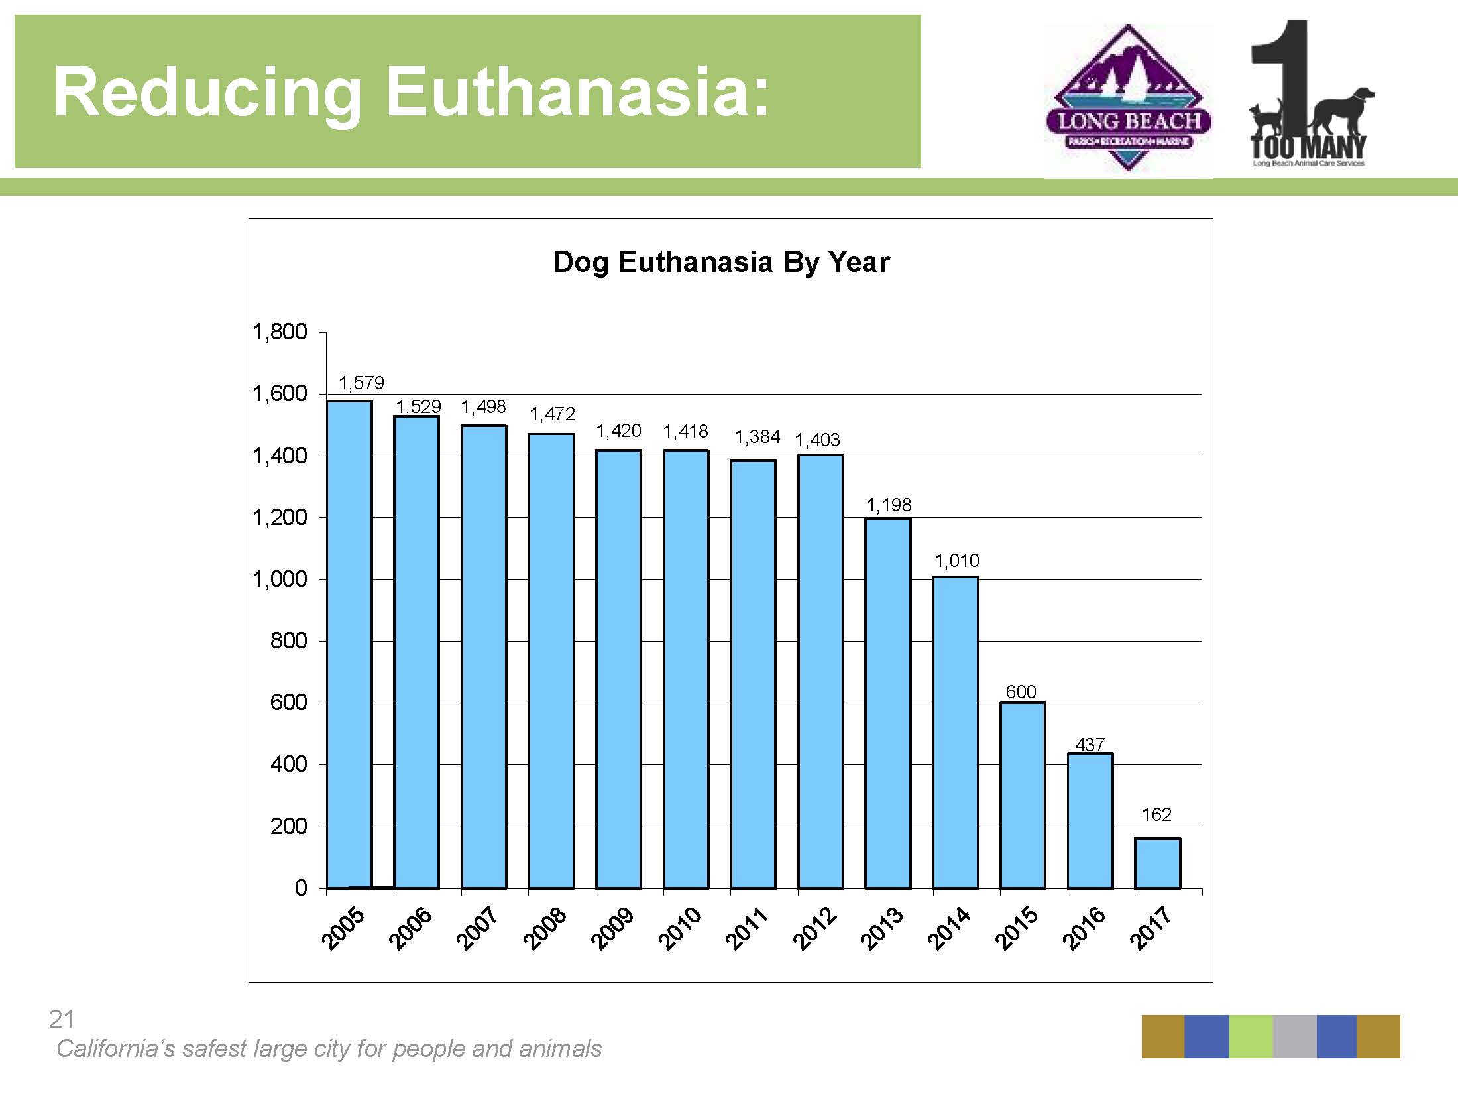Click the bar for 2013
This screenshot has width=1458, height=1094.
tap(888, 703)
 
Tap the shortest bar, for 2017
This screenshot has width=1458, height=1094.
tap(1157, 863)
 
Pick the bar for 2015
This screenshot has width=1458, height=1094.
tap(1023, 795)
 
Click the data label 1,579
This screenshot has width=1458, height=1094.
tap(361, 383)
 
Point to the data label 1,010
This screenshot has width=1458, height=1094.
tap(956, 561)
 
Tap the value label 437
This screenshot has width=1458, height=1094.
tap(1090, 745)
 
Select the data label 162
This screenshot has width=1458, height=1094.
tap(1156, 814)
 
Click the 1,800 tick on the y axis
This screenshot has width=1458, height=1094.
tap(280, 332)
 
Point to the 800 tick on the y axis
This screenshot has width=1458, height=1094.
tap(288, 640)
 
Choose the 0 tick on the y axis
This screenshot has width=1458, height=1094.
tap(301, 888)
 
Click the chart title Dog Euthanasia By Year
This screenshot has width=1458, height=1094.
tap(721, 262)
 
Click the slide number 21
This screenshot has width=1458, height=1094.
tap(62, 1019)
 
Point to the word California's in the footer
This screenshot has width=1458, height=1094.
tap(115, 1048)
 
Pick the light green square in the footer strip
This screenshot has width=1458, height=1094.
tap(1251, 1036)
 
